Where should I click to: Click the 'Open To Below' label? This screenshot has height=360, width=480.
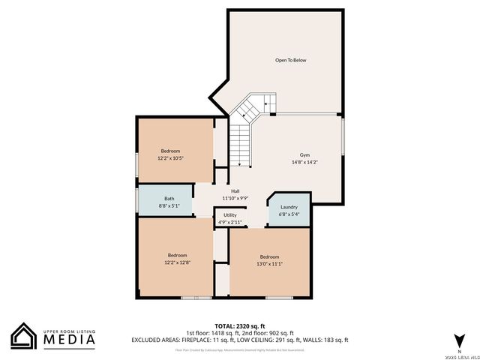(290, 60)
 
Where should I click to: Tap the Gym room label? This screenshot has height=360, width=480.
(305, 154)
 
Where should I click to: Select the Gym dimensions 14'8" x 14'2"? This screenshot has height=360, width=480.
(305, 162)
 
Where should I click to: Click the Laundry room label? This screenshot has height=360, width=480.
(289, 207)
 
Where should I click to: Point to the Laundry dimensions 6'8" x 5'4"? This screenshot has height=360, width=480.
(289, 214)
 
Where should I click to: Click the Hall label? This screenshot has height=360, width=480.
(235, 191)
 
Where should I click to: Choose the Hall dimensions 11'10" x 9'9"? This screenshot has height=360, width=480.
(235, 199)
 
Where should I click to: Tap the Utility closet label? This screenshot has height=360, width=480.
(230, 215)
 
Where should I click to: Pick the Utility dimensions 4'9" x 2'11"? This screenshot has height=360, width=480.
(230, 222)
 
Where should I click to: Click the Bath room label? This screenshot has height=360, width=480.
(169, 199)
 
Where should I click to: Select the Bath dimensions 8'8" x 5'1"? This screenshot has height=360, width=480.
(169, 205)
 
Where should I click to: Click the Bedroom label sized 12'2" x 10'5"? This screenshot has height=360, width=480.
(170, 151)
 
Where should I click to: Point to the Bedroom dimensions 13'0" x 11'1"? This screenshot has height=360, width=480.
(270, 263)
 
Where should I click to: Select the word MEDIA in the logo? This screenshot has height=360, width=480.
(67, 338)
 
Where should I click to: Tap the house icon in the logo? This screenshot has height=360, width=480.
(22, 336)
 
